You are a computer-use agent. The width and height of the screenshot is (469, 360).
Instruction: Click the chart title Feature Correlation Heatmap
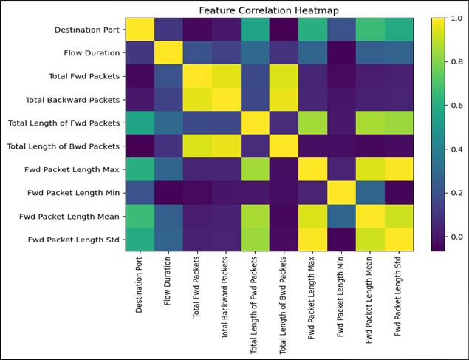tap(269, 10)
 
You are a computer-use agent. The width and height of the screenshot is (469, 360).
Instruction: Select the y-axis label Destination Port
tap(87, 30)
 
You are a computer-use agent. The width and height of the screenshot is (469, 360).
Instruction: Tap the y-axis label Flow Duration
tap(92, 53)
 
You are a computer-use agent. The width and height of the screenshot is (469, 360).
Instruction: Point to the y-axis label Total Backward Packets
tap(72, 100)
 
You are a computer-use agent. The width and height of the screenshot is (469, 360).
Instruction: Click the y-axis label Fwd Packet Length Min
tap(74, 193)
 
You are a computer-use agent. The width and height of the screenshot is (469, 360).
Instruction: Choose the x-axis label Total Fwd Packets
tap(196, 287)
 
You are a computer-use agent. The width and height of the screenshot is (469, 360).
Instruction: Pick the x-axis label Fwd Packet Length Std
tap(397, 296)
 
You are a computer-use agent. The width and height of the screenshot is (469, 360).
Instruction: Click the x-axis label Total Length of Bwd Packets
tap(283, 305)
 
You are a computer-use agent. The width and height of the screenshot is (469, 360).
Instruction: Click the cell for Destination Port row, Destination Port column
tap(140, 30)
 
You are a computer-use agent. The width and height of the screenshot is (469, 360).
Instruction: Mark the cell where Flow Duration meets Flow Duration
tap(168, 53)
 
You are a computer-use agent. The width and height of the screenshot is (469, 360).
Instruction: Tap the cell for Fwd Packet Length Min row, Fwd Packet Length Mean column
tap(370, 193)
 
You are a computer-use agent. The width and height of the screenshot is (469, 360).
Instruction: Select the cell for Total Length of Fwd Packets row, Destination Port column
tap(140, 123)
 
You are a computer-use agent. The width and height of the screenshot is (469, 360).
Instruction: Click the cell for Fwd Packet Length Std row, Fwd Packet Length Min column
tap(341, 240)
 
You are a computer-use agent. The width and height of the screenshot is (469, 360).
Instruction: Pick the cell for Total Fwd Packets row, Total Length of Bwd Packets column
tap(284, 76)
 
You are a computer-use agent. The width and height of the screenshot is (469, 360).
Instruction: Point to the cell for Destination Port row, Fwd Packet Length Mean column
tap(370, 30)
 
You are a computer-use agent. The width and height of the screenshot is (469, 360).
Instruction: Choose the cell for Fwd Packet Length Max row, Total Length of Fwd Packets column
tap(255, 170)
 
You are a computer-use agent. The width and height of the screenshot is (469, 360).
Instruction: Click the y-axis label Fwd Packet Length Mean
tap(69, 217)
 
